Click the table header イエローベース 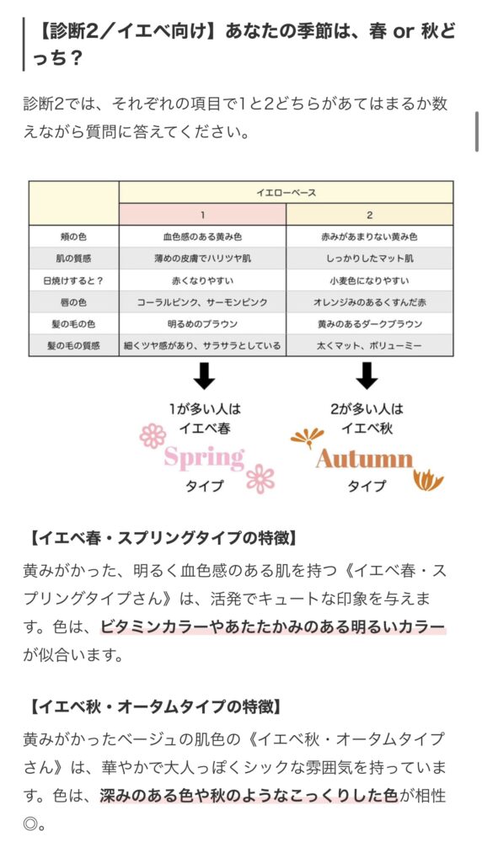(286, 192)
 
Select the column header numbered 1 (202, 215)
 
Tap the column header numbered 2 (370, 215)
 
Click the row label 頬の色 (73, 237)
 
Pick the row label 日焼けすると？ (73, 281)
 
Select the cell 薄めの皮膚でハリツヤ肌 (202, 258)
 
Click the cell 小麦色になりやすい (370, 281)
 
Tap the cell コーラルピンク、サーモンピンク (202, 302)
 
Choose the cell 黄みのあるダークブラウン (370, 324)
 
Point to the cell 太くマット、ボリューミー (370, 346)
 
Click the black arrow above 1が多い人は (204, 376)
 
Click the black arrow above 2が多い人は (367, 376)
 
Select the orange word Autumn (365, 459)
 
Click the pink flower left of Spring (153, 435)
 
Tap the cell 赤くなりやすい (202, 281)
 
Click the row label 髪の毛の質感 (73, 346)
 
